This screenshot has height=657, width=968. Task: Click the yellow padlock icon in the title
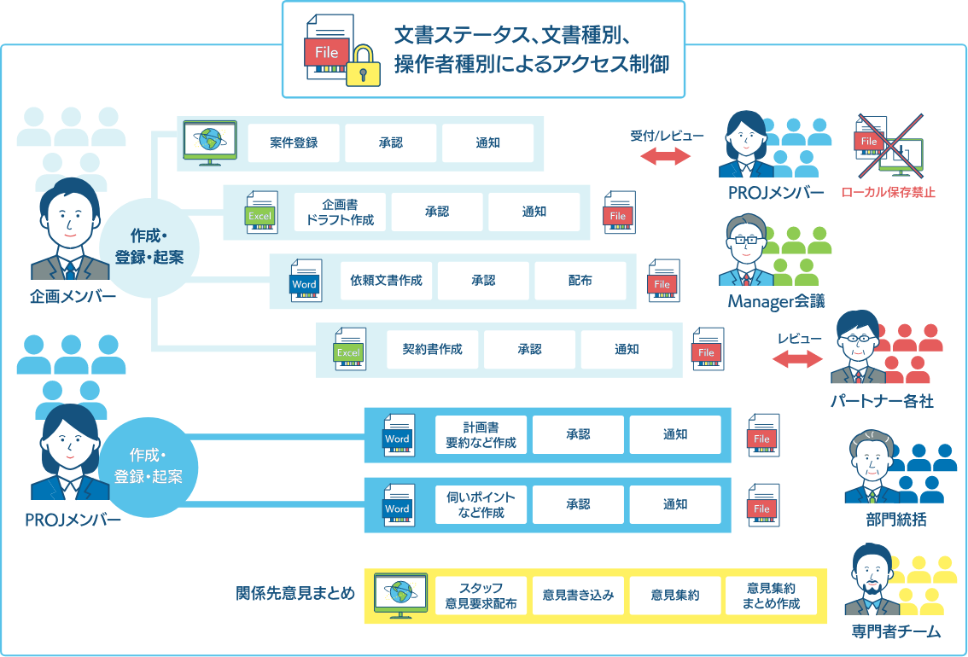362,66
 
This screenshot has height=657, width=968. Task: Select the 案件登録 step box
294,142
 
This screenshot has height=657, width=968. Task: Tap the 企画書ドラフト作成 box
340,212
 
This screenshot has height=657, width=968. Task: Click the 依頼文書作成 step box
386,281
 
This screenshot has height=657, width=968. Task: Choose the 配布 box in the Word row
580,281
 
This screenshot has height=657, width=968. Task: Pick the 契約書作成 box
432,349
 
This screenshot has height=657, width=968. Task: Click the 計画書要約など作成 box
481,434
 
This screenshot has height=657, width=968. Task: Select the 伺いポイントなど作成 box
481,504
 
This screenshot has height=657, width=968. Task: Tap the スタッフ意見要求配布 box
481,596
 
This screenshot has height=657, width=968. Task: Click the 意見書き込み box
578,596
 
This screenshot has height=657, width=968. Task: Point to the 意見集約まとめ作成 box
771,596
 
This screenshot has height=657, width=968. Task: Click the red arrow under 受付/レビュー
665,156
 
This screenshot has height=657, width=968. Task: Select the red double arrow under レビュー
798,359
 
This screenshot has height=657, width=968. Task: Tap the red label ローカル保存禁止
888,193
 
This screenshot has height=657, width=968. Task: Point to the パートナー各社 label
882,400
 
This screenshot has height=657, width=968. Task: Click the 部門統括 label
895,520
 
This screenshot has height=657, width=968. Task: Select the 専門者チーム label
895,632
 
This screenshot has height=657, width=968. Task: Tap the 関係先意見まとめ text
295,594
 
